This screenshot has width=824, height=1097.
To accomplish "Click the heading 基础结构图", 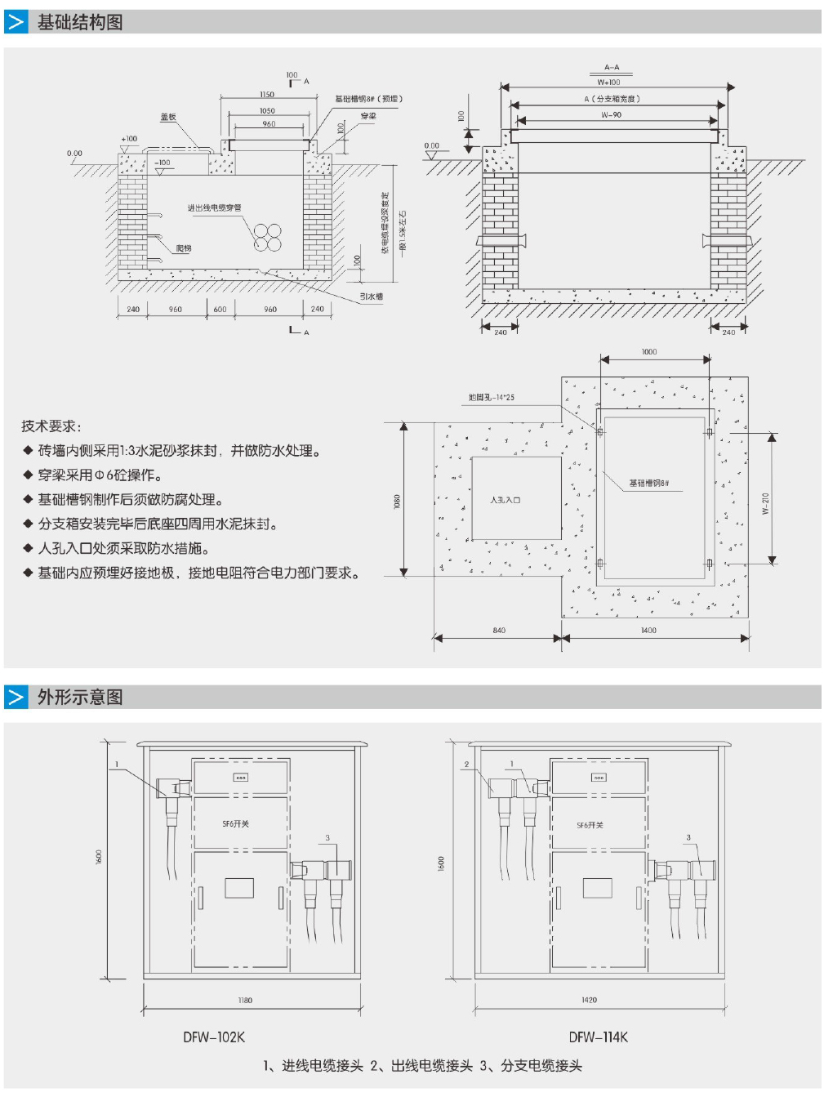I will click(x=80, y=22).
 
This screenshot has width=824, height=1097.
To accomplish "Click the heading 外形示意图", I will click(x=80, y=697).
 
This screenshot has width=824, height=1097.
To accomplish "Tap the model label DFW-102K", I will click(x=214, y=1037).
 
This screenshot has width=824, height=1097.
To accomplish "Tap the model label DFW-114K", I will click(x=599, y=1037).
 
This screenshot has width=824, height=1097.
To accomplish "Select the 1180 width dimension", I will click(x=245, y=1000).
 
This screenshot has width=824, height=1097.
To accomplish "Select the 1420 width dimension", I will click(x=589, y=1000).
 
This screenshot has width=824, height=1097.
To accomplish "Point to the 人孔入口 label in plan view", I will click(x=505, y=500).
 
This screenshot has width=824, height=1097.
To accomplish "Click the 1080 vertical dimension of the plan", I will click(x=397, y=501).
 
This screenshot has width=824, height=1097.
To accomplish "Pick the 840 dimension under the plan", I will click(x=499, y=631).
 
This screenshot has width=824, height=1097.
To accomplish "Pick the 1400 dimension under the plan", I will click(x=648, y=631).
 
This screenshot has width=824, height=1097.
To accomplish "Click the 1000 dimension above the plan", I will click(x=649, y=352).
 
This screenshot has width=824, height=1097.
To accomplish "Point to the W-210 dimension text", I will click(x=765, y=503).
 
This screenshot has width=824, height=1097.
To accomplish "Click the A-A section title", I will click(x=612, y=68).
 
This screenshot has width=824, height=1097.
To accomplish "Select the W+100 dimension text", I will click(x=608, y=82).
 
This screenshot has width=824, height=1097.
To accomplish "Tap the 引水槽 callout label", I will click(x=372, y=297).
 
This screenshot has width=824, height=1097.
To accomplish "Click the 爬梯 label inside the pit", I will click(x=184, y=248).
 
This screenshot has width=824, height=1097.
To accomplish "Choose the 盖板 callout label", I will click(x=168, y=117).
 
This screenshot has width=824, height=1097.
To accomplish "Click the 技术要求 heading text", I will click(x=51, y=426).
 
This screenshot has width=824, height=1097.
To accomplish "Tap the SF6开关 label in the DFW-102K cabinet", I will click(x=236, y=824).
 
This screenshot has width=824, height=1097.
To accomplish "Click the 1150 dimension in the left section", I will click(x=267, y=95).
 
